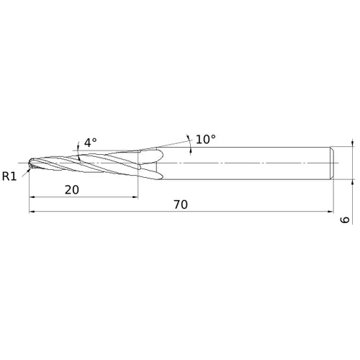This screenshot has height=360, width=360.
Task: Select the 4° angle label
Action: tap(90, 143)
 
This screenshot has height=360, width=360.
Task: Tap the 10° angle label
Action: tap(205, 138)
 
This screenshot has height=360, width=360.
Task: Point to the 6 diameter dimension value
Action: tap(346, 219)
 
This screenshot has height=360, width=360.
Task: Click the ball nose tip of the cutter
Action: tap(31, 164)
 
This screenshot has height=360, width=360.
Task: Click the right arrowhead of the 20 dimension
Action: tap(135, 197)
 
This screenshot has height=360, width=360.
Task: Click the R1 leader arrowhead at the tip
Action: tap(28, 169)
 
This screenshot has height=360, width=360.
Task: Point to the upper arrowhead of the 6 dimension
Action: tap(353, 144)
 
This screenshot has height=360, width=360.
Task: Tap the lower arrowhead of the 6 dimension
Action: tap(353, 183)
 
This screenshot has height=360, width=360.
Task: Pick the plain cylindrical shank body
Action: tap(245, 163)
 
